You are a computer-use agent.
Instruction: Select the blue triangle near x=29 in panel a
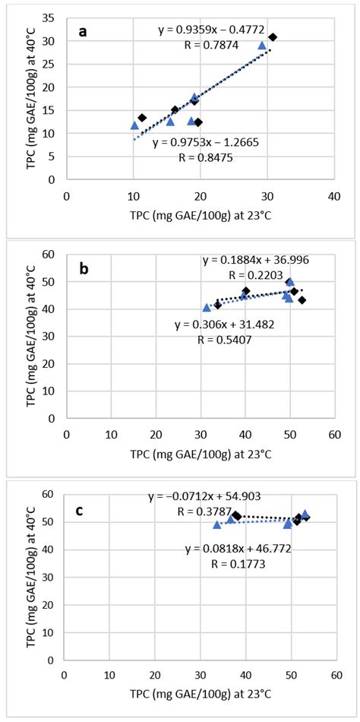click(x=262, y=45)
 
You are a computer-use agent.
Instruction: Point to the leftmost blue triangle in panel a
click(x=134, y=125)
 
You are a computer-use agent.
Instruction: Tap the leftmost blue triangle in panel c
click(x=217, y=524)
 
